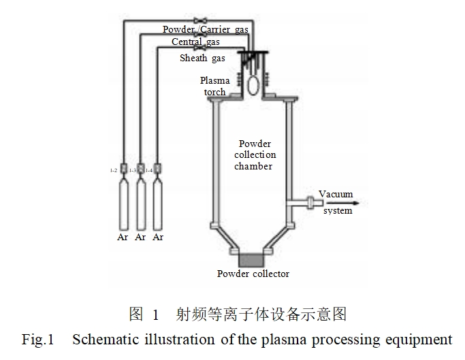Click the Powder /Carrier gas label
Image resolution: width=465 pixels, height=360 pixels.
click(x=205, y=29)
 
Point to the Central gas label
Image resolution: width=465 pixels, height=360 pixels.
click(x=195, y=42)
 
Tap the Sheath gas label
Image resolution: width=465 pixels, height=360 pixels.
click(x=202, y=59)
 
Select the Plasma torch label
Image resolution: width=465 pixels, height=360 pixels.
click(x=214, y=86)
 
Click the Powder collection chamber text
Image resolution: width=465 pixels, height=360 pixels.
click(x=254, y=155)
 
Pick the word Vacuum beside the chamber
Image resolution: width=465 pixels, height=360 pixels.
click(x=336, y=194)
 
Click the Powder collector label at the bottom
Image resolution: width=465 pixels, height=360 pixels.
click(x=253, y=274)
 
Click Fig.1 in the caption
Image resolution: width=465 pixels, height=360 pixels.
click(x=37, y=339)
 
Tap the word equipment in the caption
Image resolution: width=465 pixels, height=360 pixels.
click(x=421, y=339)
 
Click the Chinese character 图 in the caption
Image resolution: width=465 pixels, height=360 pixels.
click(x=136, y=314)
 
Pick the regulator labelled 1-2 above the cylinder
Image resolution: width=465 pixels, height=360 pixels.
click(x=123, y=169)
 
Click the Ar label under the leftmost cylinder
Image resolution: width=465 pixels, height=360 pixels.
click(x=123, y=238)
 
